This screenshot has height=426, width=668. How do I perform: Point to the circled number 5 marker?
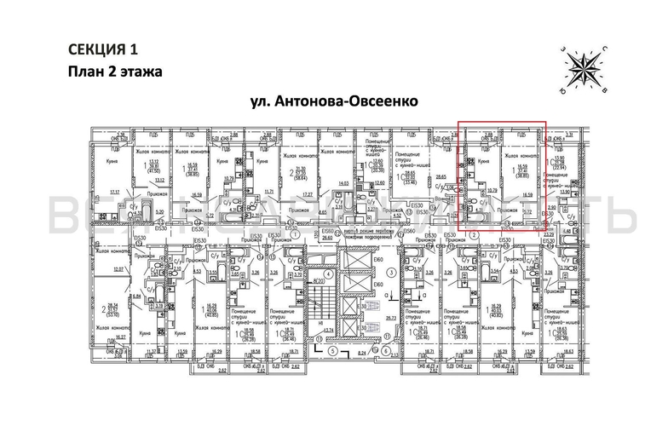click(335, 351)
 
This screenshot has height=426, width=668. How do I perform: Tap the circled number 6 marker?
click(385, 351)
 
